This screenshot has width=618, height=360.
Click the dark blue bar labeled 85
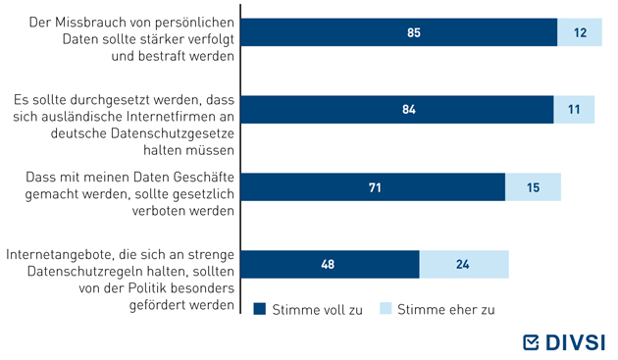(399, 32)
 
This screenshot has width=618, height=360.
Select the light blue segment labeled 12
(580, 32)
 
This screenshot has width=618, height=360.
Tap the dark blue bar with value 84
(397, 110)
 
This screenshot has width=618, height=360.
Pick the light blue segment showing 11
(574, 110)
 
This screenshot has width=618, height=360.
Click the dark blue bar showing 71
(373, 187)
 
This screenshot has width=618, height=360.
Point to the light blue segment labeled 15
(533, 187)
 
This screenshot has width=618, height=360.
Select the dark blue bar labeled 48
(331, 264)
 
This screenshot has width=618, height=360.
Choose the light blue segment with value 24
(464, 264)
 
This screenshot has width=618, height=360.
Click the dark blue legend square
(260, 309)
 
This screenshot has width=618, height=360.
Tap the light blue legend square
(386, 308)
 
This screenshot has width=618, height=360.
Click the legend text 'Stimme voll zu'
(317, 310)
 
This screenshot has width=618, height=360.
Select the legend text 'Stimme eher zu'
(445, 310)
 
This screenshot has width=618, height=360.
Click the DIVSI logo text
(576, 342)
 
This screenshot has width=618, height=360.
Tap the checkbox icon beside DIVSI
(531, 342)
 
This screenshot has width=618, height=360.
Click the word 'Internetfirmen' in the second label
(180, 117)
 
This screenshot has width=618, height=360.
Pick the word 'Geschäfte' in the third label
(204, 177)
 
